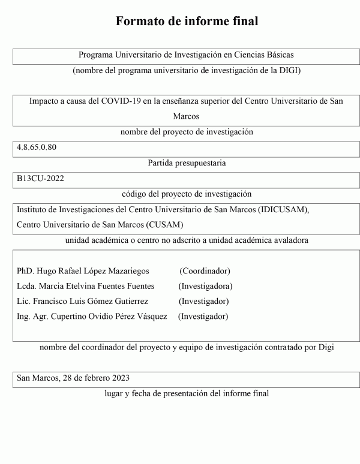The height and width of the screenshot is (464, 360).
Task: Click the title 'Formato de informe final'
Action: pos(187,22)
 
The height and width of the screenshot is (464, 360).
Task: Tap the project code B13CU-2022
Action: pos(40,179)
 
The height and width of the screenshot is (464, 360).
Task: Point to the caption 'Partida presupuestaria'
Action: pos(186,162)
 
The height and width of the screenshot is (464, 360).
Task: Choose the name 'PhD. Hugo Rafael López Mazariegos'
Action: pos(83,271)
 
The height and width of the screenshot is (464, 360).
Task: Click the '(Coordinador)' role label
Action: pos(206,271)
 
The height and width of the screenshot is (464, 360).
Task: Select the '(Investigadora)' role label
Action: pos(205,286)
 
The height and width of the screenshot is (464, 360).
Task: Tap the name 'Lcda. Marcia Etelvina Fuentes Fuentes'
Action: pos(85,286)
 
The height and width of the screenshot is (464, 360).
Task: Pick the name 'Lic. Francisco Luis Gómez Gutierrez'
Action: pos(82,301)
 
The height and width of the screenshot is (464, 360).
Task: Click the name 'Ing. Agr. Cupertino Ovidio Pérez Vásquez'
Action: pos(92,316)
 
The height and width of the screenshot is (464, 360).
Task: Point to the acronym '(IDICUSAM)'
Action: pos(283,210)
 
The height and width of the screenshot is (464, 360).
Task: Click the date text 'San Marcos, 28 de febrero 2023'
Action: pos(73,378)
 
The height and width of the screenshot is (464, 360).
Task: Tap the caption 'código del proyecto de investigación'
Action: pos(186,194)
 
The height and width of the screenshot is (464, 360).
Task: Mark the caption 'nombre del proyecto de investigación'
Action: pos(187,131)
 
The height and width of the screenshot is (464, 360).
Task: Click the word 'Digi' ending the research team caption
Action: pos(325,347)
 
